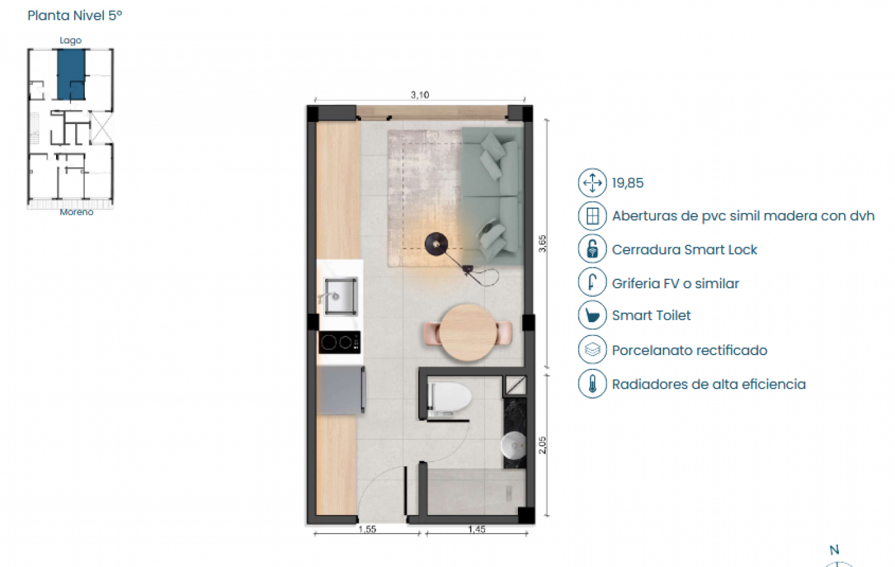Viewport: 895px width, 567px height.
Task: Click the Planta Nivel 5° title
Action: [75, 16]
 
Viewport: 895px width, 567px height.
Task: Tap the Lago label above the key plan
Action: [70, 41]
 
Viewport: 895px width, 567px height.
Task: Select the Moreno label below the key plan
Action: [76, 212]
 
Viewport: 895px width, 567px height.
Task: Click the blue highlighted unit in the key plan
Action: [70, 73]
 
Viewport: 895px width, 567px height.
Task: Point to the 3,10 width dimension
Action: [419, 95]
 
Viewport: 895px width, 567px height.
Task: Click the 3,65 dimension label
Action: [542, 244]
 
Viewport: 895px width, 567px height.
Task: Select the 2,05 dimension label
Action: [542, 445]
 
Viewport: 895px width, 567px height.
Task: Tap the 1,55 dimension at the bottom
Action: [367, 529]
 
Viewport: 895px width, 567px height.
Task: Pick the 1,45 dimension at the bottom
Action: [476, 529]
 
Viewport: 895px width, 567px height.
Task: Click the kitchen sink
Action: [341, 296]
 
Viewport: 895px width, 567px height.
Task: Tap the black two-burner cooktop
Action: [339, 342]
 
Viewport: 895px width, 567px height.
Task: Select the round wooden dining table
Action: [468, 332]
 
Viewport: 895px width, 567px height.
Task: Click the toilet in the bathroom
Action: [450, 398]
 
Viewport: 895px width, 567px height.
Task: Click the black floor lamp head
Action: [436, 244]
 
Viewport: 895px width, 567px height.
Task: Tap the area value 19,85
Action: [628, 183]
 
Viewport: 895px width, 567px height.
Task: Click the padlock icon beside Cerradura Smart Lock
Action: [592, 249]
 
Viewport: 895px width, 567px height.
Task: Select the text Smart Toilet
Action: [651, 316]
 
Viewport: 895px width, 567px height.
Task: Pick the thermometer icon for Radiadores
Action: [592, 384]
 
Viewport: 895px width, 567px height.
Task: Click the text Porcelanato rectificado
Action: [689, 350]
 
